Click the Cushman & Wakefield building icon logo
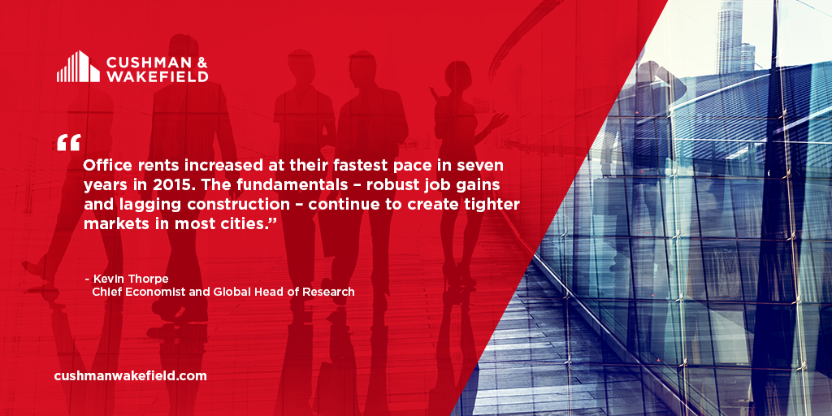point(78,67)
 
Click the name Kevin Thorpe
point(128,279)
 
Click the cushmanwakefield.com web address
point(130,376)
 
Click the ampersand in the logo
point(200,60)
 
